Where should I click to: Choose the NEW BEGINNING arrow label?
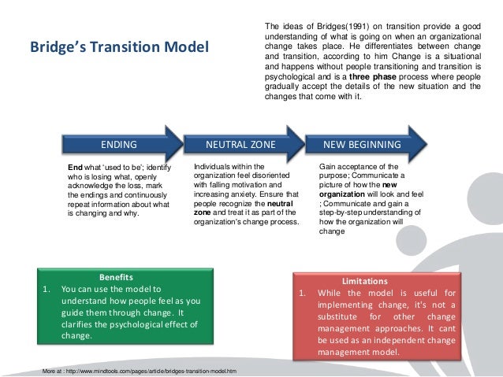(362, 145)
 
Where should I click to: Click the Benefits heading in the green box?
(116, 277)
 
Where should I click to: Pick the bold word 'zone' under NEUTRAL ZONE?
(206, 213)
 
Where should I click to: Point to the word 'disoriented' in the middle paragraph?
(269, 177)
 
